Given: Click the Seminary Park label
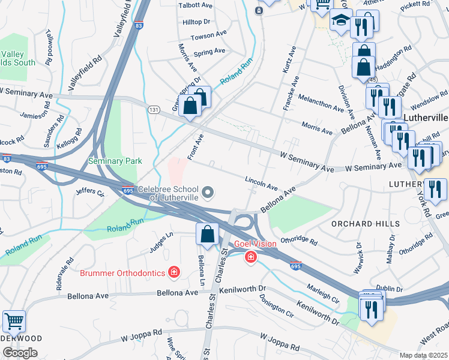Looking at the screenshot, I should (115, 161).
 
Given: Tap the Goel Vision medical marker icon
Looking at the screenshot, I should (250, 257).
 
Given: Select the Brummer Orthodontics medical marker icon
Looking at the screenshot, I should (174, 273).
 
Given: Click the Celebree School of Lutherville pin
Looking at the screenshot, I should (208, 193).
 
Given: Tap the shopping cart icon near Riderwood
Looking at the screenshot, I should (14, 321).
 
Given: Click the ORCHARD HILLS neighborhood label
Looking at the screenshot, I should (366, 224).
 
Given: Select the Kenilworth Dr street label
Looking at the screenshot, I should (242, 289).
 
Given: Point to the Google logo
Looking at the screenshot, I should (20, 352).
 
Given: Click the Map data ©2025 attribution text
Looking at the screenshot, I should (423, 355).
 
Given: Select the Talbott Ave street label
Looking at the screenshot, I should (196, 5).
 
